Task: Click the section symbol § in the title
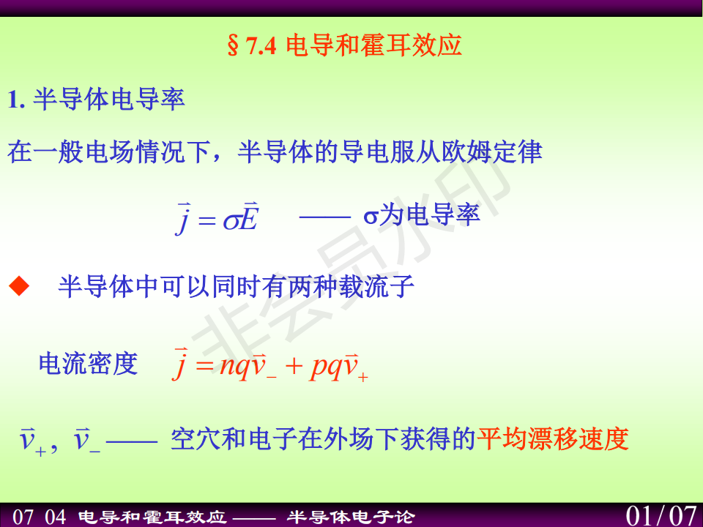pos(233,45)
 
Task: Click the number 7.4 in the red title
pos(261,45)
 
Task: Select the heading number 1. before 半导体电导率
pos(15,100)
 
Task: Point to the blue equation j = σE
pos(217,218)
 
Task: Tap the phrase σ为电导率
pos(422,214)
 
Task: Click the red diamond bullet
pos(19,286)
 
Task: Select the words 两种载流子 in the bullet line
pos(351,286)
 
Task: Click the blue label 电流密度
pos(89,363)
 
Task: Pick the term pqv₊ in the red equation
pos(339,366)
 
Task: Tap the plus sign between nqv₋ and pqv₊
pos(294,366)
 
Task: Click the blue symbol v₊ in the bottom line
pos(33,441)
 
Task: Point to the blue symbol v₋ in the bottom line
pos(86,440)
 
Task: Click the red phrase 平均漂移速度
pos(553,438)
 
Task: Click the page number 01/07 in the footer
pos(661,516)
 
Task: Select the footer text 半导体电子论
pos(351,517)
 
